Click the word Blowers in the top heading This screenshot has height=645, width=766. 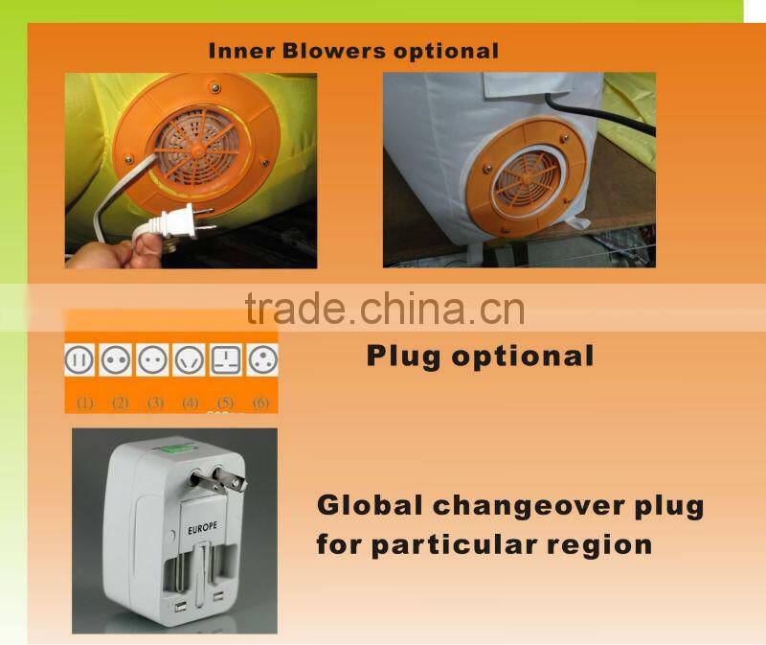(x=325, y=50)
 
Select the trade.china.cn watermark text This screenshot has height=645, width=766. (x=384, y=309)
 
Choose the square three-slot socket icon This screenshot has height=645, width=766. (x=224, y=359)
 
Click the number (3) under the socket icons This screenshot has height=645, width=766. (x=155, y=403)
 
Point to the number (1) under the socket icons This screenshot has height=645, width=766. (x=85, y=403)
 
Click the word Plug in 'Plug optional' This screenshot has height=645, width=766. (x=403, y=357)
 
